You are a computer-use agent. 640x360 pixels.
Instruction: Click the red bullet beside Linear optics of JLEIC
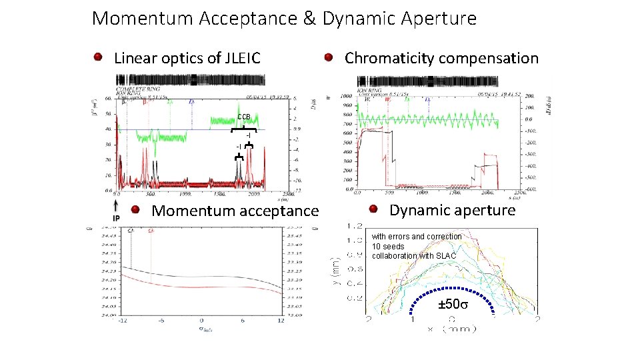[98, 57]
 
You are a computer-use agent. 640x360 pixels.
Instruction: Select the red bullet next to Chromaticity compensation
[329, 57]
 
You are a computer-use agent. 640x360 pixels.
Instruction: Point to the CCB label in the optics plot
[244, 119]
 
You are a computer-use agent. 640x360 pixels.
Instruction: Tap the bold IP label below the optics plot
[116, 218]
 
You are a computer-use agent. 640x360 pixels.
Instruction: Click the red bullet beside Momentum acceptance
[135, 210]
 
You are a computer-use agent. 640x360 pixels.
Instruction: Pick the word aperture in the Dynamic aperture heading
[484, 211]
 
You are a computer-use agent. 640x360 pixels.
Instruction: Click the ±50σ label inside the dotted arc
[453, 306]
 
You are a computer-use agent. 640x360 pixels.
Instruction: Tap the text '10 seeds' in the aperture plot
[388, 247]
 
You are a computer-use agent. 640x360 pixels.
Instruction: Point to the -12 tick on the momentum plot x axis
[123, 321]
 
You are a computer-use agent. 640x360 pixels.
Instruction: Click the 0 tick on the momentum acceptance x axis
[201, 321]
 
